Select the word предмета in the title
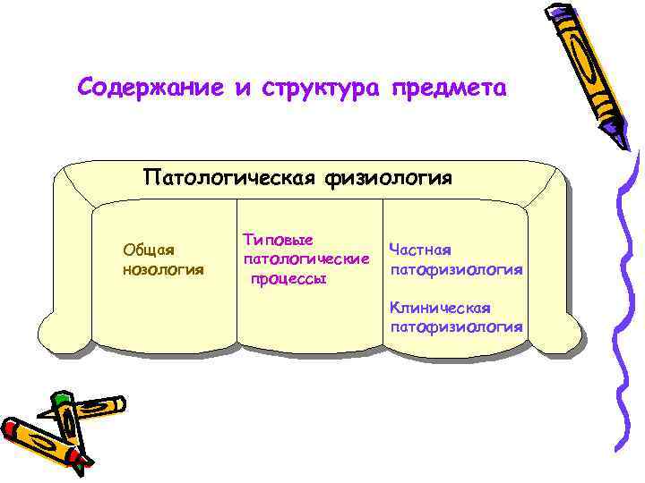pos(448,90)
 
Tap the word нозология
pos(163,268)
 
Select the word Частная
pos(419,249)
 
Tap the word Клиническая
pos(440,308)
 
